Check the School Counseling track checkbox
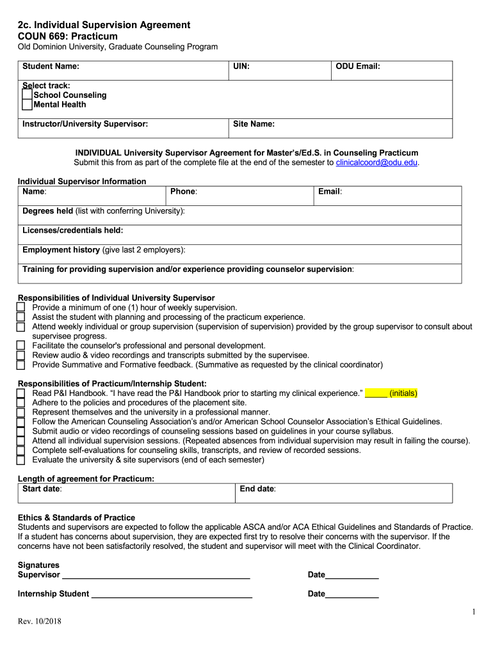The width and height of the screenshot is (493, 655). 27,95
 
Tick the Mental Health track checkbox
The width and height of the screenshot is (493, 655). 27,105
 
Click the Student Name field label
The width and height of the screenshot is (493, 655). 51,67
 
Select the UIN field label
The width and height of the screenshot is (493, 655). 241,67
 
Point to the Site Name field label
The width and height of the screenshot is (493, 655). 254,124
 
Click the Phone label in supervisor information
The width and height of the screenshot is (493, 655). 183,192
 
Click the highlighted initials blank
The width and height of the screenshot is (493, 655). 376,393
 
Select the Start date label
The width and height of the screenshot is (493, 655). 42,489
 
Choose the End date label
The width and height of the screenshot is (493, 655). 258,489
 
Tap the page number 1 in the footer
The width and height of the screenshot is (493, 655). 473,612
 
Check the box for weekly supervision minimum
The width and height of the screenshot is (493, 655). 20,308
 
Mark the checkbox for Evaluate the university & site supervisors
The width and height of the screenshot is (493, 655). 20,460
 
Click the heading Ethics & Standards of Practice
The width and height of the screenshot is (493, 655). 76,517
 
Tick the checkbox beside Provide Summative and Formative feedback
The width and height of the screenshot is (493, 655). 20,365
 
